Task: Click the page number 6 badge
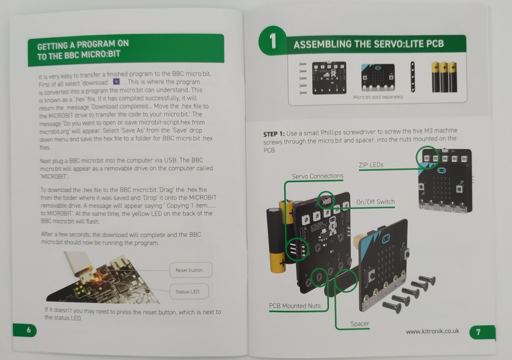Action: tap(25, 330)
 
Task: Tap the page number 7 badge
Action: tap(482, 332)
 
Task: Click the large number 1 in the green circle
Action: tap(273, 41)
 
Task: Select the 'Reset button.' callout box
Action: tap(191, 270)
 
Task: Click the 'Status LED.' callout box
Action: tap(189, 291)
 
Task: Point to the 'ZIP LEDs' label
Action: tap(371, 165)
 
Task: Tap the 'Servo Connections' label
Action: tap(317, 176)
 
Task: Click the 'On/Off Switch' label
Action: tap(375, 202)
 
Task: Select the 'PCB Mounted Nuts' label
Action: tap(295, 306)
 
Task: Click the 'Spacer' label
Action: tap(359, 323)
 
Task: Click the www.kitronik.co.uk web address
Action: tap(432, 331)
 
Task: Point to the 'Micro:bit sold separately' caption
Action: tap(378, 97)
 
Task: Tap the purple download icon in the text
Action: tap(116, 81)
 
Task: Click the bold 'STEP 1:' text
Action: tap(274, 134)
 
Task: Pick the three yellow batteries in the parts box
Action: tap(444, 77)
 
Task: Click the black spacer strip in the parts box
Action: tap(412, 77)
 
